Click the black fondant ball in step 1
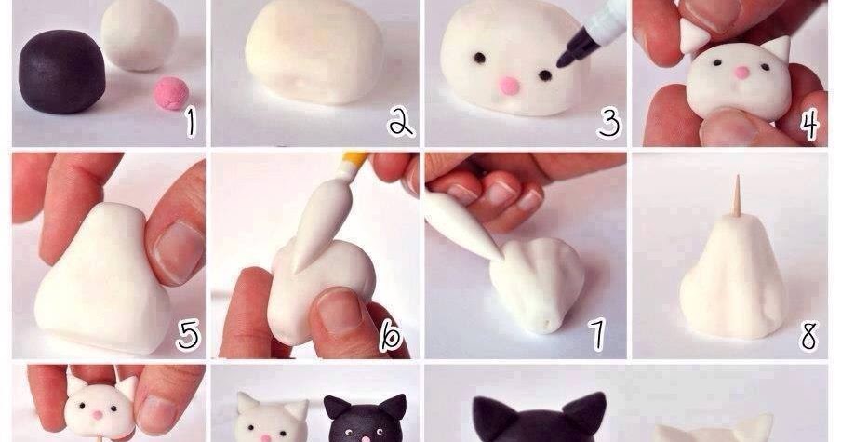point(62,72)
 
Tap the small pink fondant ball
point(171,93)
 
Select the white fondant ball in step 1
point(139,34)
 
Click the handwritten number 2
point(402,124)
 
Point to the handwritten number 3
point(610,124)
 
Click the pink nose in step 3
point(508,86)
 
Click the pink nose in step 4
point(742,73)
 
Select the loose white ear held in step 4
point(693,34)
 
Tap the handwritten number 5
point(188,335)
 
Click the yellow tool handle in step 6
point(355,159)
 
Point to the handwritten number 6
point(391,335)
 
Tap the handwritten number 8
point(808,335)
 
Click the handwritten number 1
point(191,124)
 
